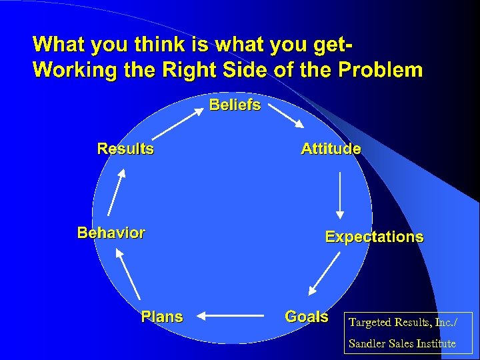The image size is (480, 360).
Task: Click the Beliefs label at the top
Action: click(235, 105)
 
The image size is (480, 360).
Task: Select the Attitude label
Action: click(331, 149)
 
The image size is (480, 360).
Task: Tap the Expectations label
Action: click(373, 237)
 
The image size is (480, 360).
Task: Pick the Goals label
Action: click(307, 317)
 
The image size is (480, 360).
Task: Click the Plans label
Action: click(162, 317)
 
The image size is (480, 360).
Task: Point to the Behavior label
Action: click(111, 233)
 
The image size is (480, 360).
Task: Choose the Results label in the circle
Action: click(125, 148)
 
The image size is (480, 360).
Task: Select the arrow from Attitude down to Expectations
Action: click(341, 195)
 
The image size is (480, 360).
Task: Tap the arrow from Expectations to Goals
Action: click(323, 277)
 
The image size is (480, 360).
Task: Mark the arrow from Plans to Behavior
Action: click(128, 273)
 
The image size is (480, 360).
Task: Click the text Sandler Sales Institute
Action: click(403, 343)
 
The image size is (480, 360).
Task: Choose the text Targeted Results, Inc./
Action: click(402, 323)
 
